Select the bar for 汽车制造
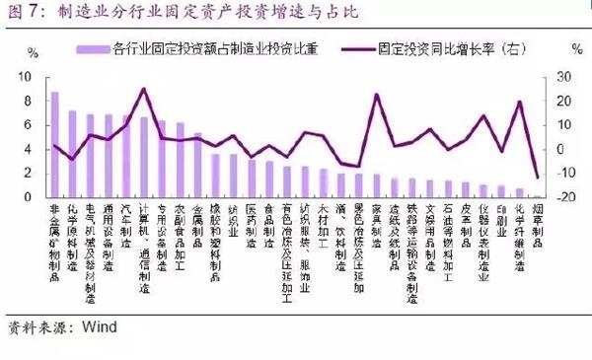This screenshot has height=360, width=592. click(126, 157)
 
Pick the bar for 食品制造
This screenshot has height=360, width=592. click(269, 179)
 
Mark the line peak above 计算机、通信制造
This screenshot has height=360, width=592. click(144, 89)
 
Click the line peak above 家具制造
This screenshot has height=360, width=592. click(377, 95)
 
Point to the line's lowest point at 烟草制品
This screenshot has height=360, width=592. click(538, 178)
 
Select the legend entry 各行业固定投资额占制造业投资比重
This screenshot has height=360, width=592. click(207, 46)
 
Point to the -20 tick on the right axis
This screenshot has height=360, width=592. click(565, 197)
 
